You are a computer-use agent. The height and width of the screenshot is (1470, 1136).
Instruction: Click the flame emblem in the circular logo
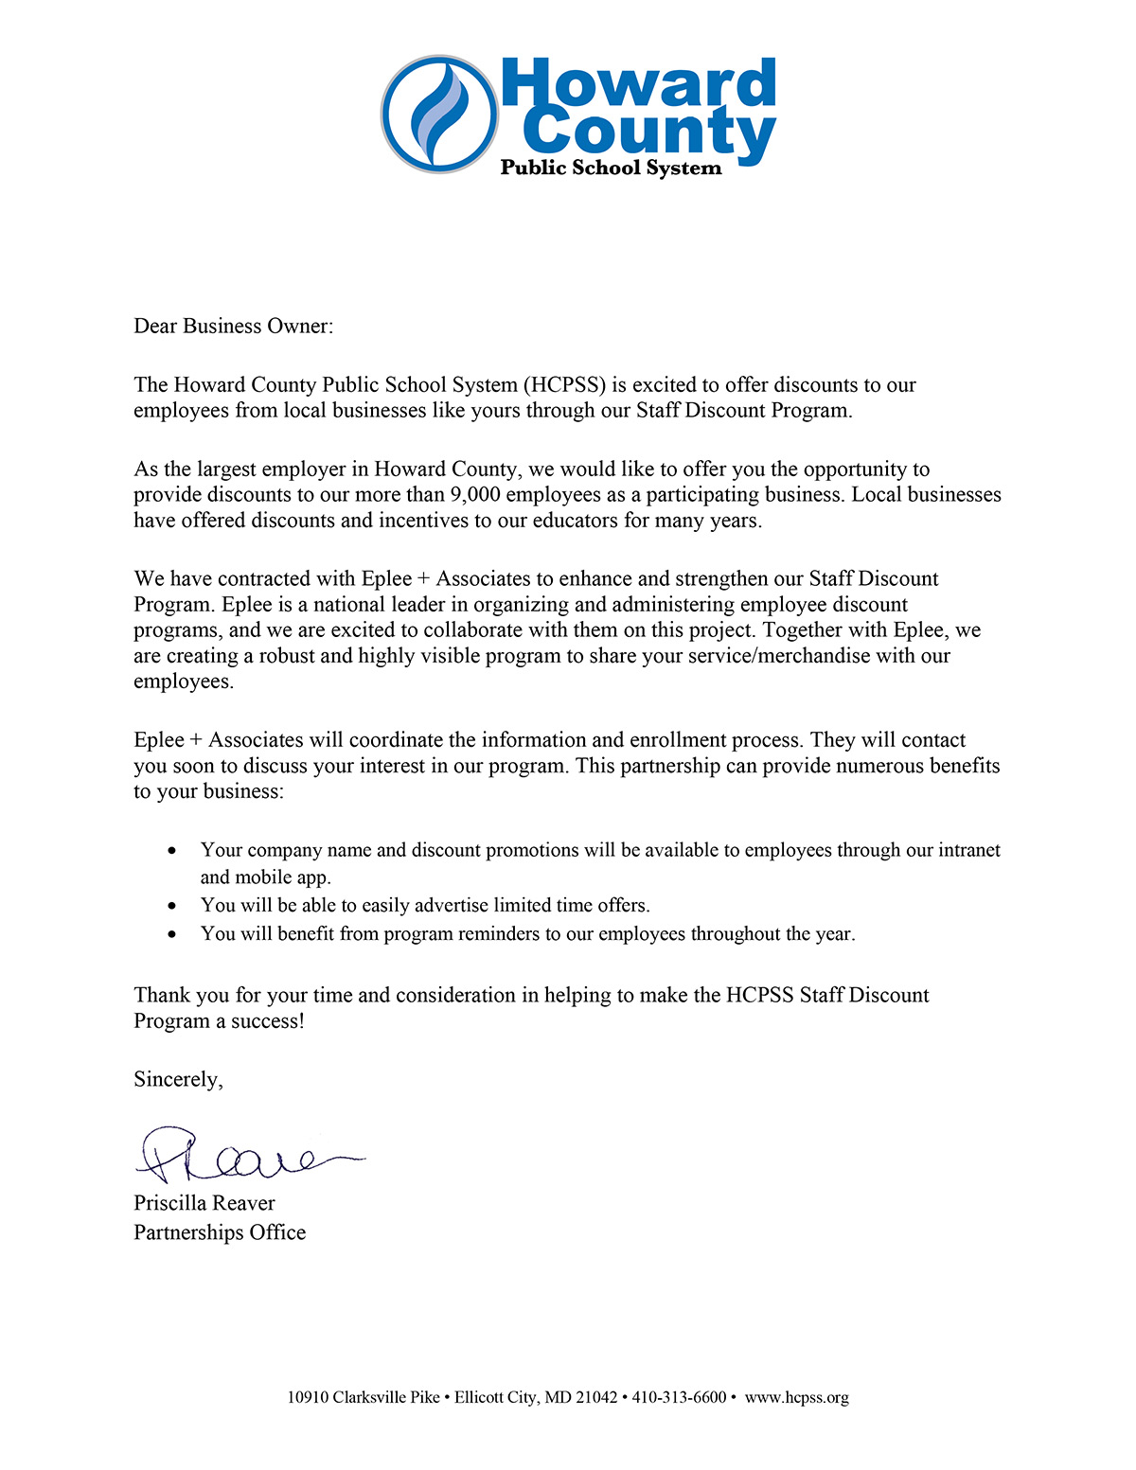[x=439, y=114]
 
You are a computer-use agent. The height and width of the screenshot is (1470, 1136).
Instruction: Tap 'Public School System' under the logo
[x=611, y=168]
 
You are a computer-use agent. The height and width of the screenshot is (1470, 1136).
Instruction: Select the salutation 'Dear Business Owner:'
[x=233, y=327]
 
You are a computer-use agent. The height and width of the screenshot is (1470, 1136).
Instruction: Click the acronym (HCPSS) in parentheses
[x=565, y=385]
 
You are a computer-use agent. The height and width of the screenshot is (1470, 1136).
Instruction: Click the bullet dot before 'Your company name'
[x=171, y=851]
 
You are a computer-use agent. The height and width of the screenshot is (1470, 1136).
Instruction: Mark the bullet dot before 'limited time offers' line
[x=171, y=906]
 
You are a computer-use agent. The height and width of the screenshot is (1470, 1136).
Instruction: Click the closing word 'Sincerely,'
[x=178, y=1080]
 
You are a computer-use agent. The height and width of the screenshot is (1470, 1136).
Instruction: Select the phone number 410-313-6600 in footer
[x=679, y=1398]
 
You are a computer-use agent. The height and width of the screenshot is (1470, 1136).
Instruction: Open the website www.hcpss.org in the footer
[x=796, y=1398]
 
